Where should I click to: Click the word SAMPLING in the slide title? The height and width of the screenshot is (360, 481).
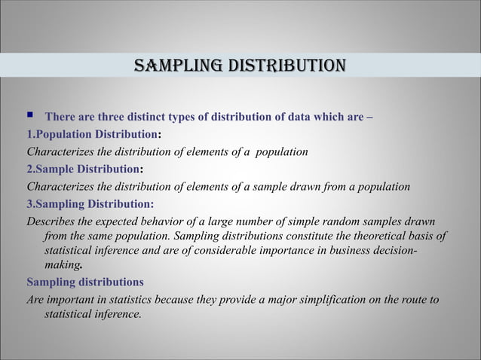[x=171, y=66]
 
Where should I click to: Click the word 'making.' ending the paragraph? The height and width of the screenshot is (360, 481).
[x=63, y=265]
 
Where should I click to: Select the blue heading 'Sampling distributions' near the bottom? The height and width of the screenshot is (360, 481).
[x=84, y=282]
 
